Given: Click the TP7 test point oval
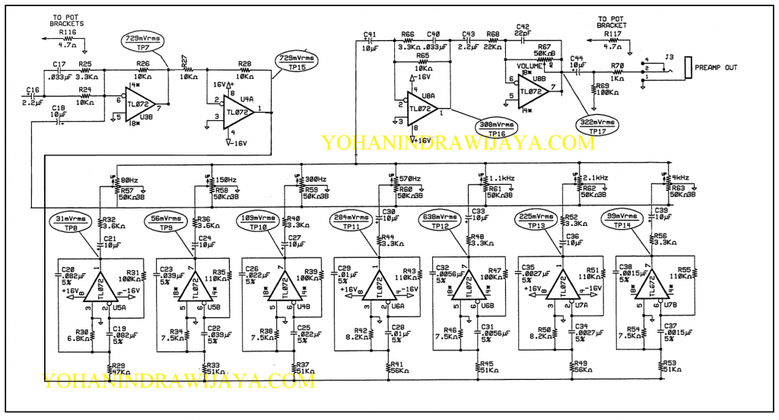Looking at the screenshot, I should (x=142, y=42).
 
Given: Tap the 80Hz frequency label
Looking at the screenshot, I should (x=129, y=180).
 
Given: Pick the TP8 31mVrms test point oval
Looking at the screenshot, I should (x=71, y=222).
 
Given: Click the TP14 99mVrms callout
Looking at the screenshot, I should (x=625, y=221).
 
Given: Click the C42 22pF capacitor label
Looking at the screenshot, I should (x=523, y=30).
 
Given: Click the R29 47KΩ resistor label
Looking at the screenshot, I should (x=114, y=370).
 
